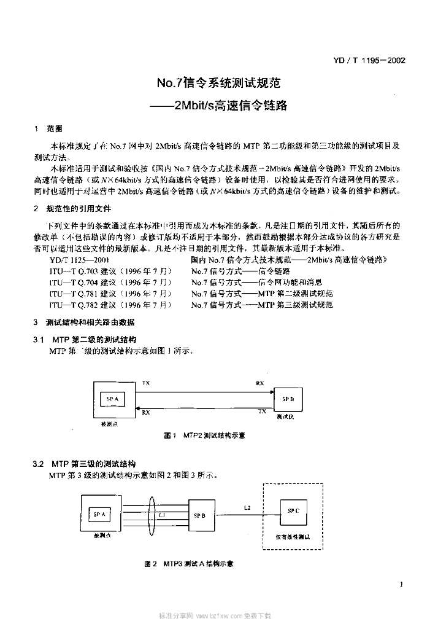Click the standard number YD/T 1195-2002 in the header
pyautogui.click(x=370, y=60)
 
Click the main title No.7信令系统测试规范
pyautogui.click(x=218, y=82)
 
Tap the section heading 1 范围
pyautogui.click(x=48, y=129)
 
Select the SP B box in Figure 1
pyautogui.click(x=288, y=399)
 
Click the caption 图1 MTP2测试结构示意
pyautogui.click(x=204, y=435)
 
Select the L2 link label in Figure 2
pyautogui.click(x=247, y=507)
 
